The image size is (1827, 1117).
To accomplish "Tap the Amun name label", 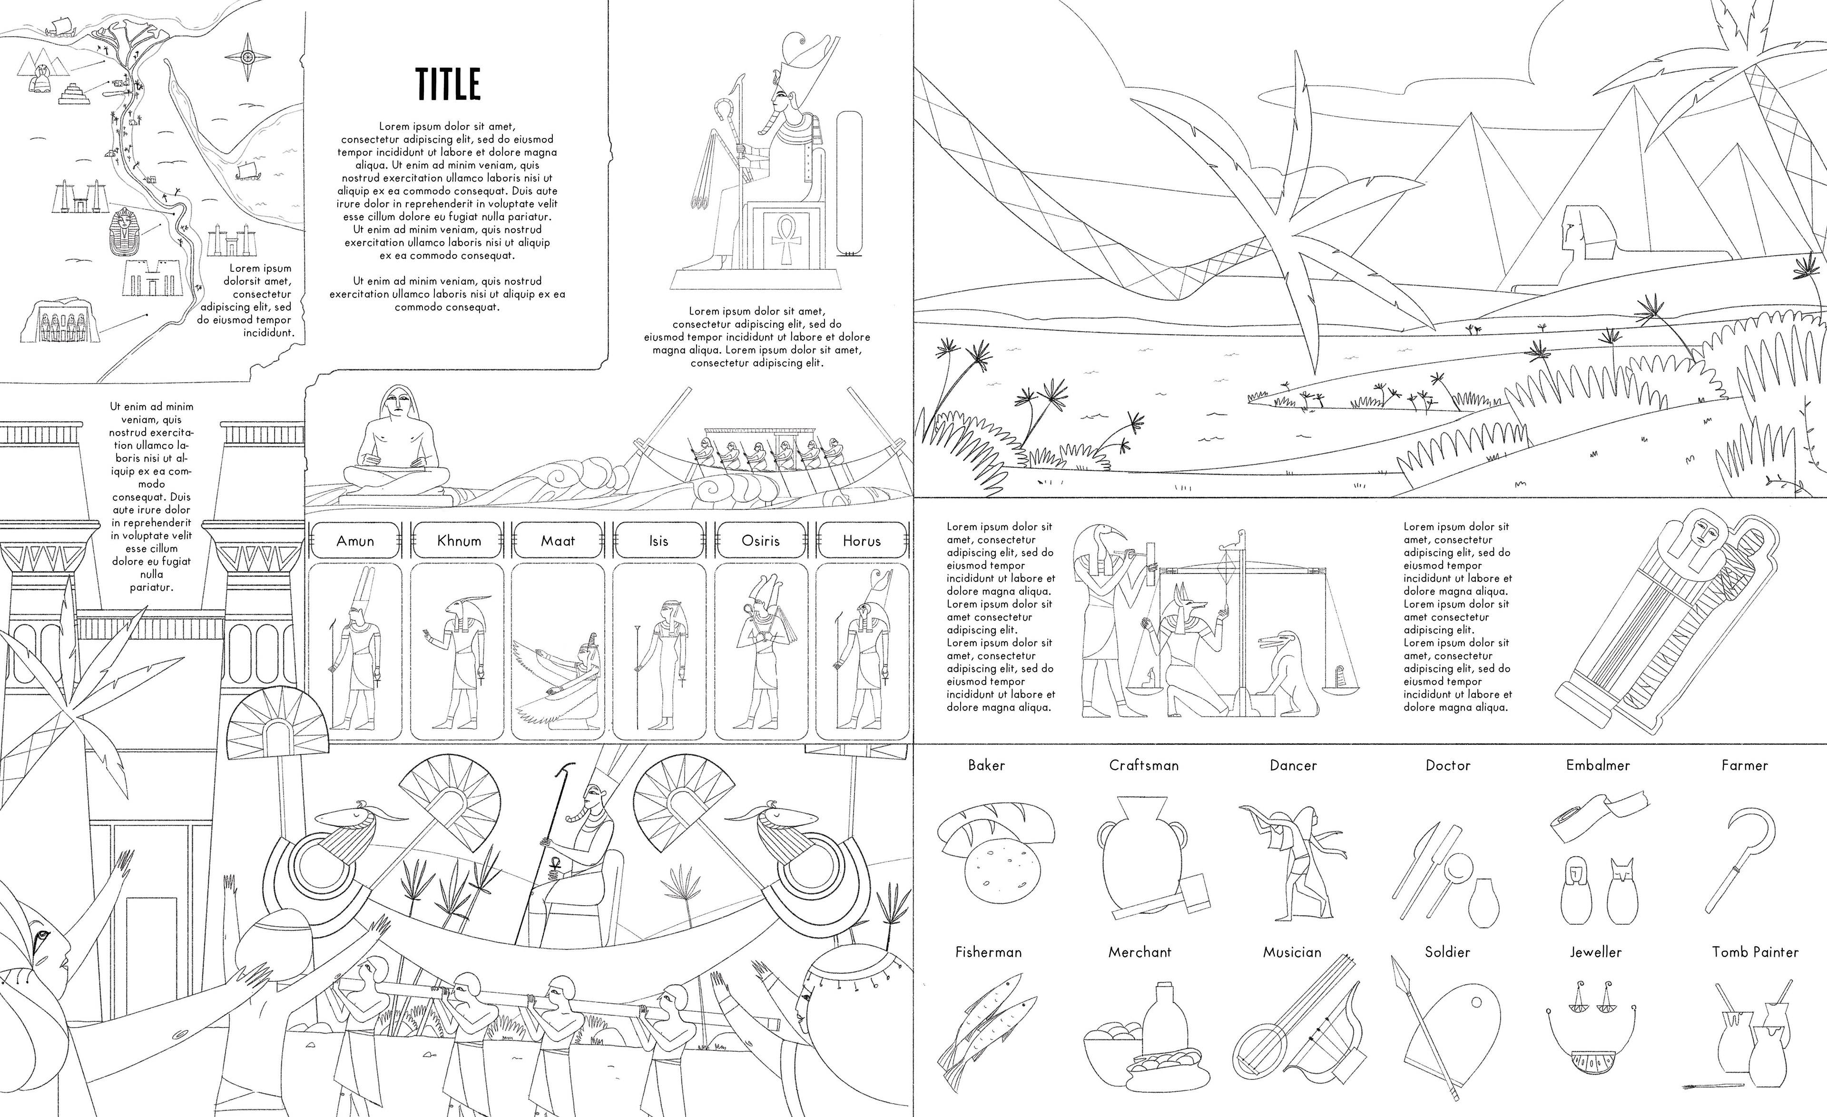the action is tap(355, 541).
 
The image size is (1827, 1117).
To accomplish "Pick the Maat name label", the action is tap(558, 541).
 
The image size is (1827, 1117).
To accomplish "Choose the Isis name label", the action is tap(658, 541).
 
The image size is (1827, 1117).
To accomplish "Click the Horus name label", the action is tap(862, 541).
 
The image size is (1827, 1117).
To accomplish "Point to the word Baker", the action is tap(986, 765).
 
